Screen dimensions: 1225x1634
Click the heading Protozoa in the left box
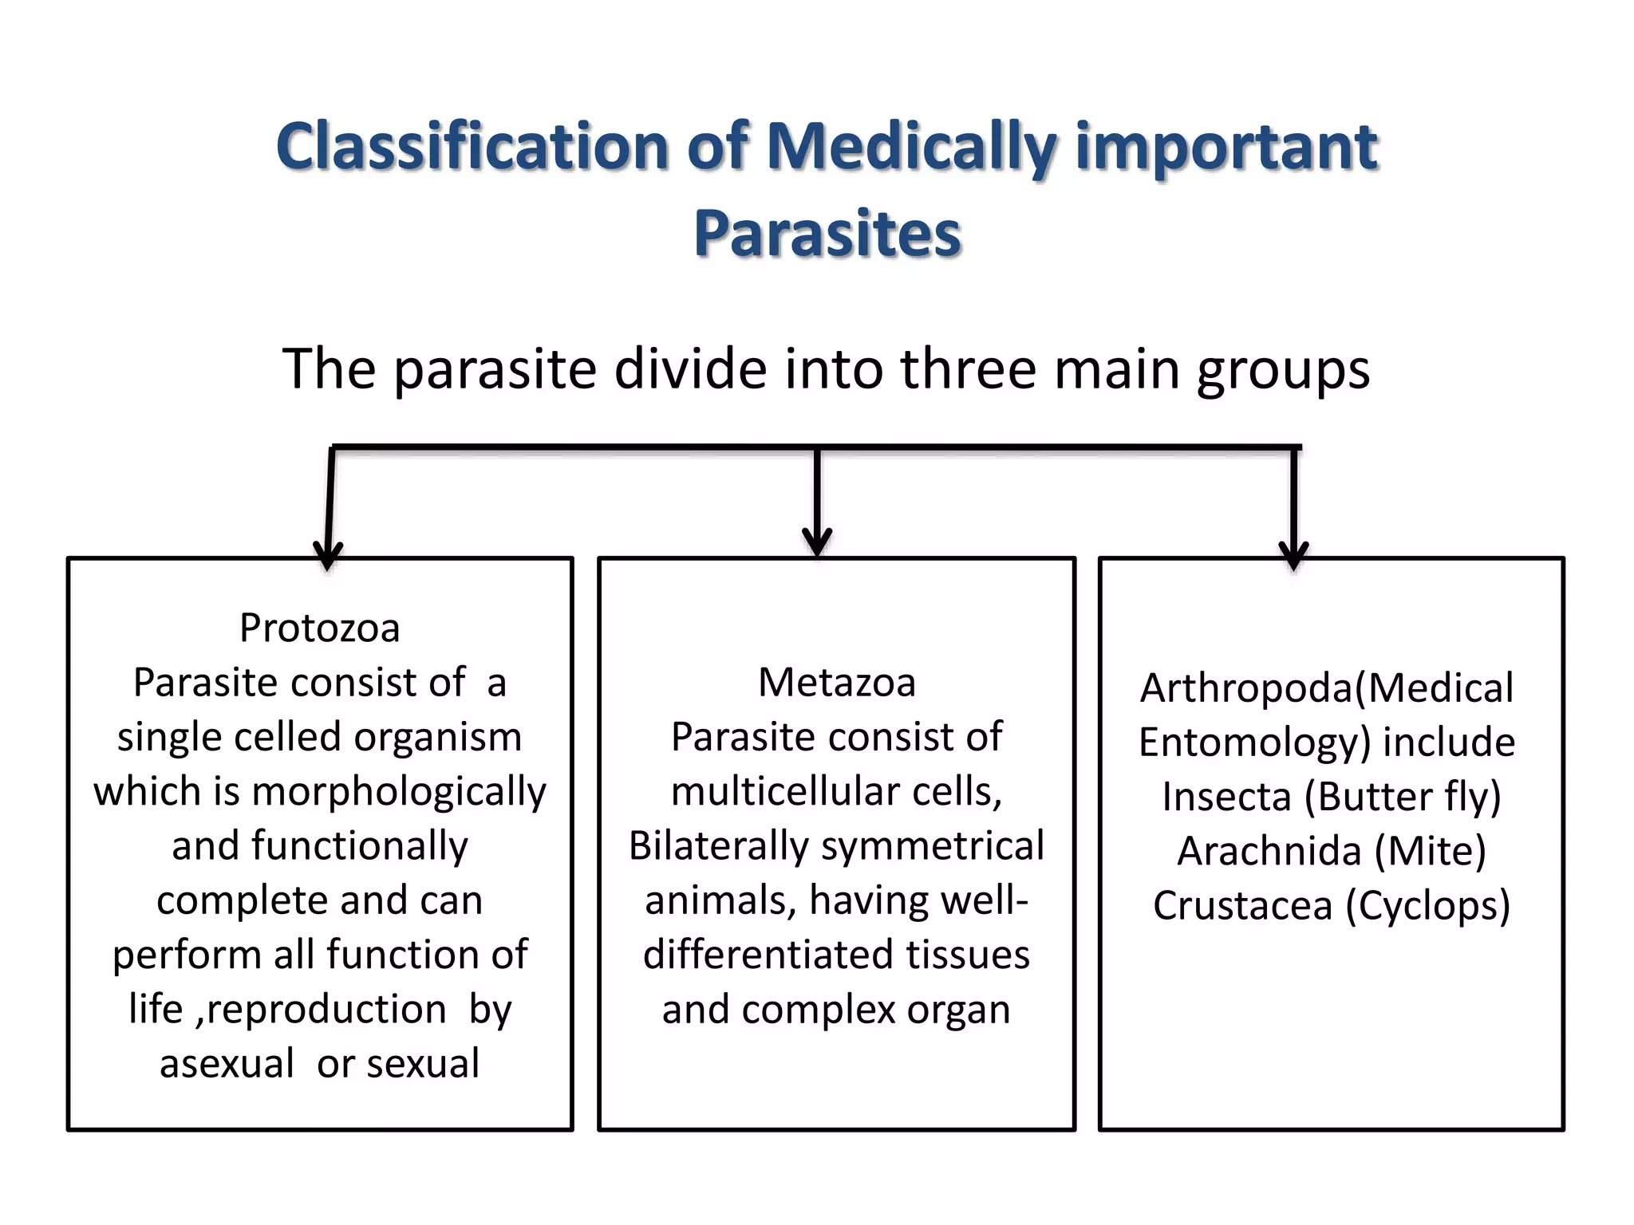(320, 628)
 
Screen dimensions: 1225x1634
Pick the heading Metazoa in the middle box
(837, 683)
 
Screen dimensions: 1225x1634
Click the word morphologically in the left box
(399, 793)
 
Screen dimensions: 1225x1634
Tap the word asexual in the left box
(227, 1064)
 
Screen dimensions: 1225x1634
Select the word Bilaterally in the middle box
(718, 847)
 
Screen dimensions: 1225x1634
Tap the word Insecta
(1227, 797)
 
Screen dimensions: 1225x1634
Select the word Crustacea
(1243, 906)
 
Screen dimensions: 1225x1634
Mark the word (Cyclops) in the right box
(1428, 907)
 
